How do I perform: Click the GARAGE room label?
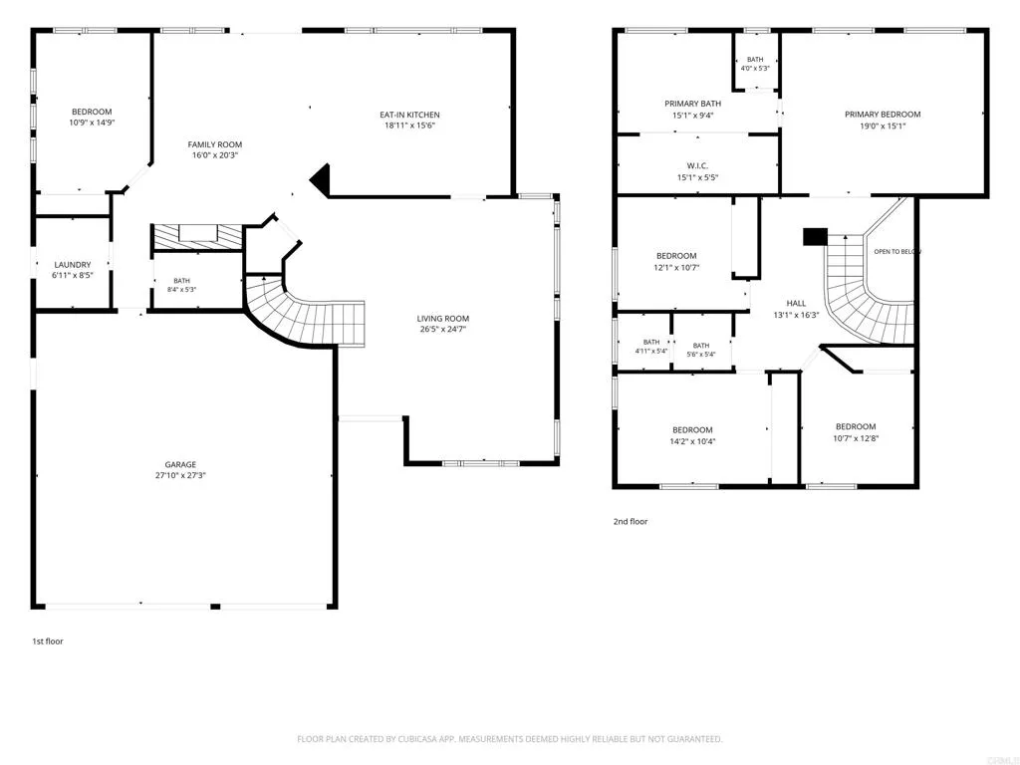coord(180,464)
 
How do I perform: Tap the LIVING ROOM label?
coord(443,318)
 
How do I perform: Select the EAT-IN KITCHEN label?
coord(409,115)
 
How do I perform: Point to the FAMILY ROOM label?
coord(215,144)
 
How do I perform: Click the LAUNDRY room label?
coord(72,265)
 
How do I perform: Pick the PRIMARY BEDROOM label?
coord(883,115)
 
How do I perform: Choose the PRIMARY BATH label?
coord(693,104)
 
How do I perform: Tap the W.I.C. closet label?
coord(697,166)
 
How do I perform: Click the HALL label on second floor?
coord(796,303)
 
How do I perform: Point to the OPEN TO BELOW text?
coord(897,252)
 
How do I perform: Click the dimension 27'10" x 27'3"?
coord(180,475)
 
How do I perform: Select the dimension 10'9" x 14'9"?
coord(92,123)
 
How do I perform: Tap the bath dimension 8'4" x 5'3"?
coord(181,290)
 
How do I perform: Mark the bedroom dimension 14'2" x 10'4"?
coord(692,441)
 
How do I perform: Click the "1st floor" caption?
coord(48,641)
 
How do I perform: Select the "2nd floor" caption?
coord(631,521)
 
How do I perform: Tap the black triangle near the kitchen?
coord(322,178)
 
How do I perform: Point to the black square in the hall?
coord(815,237)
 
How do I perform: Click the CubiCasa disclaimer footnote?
coord(509,739)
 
